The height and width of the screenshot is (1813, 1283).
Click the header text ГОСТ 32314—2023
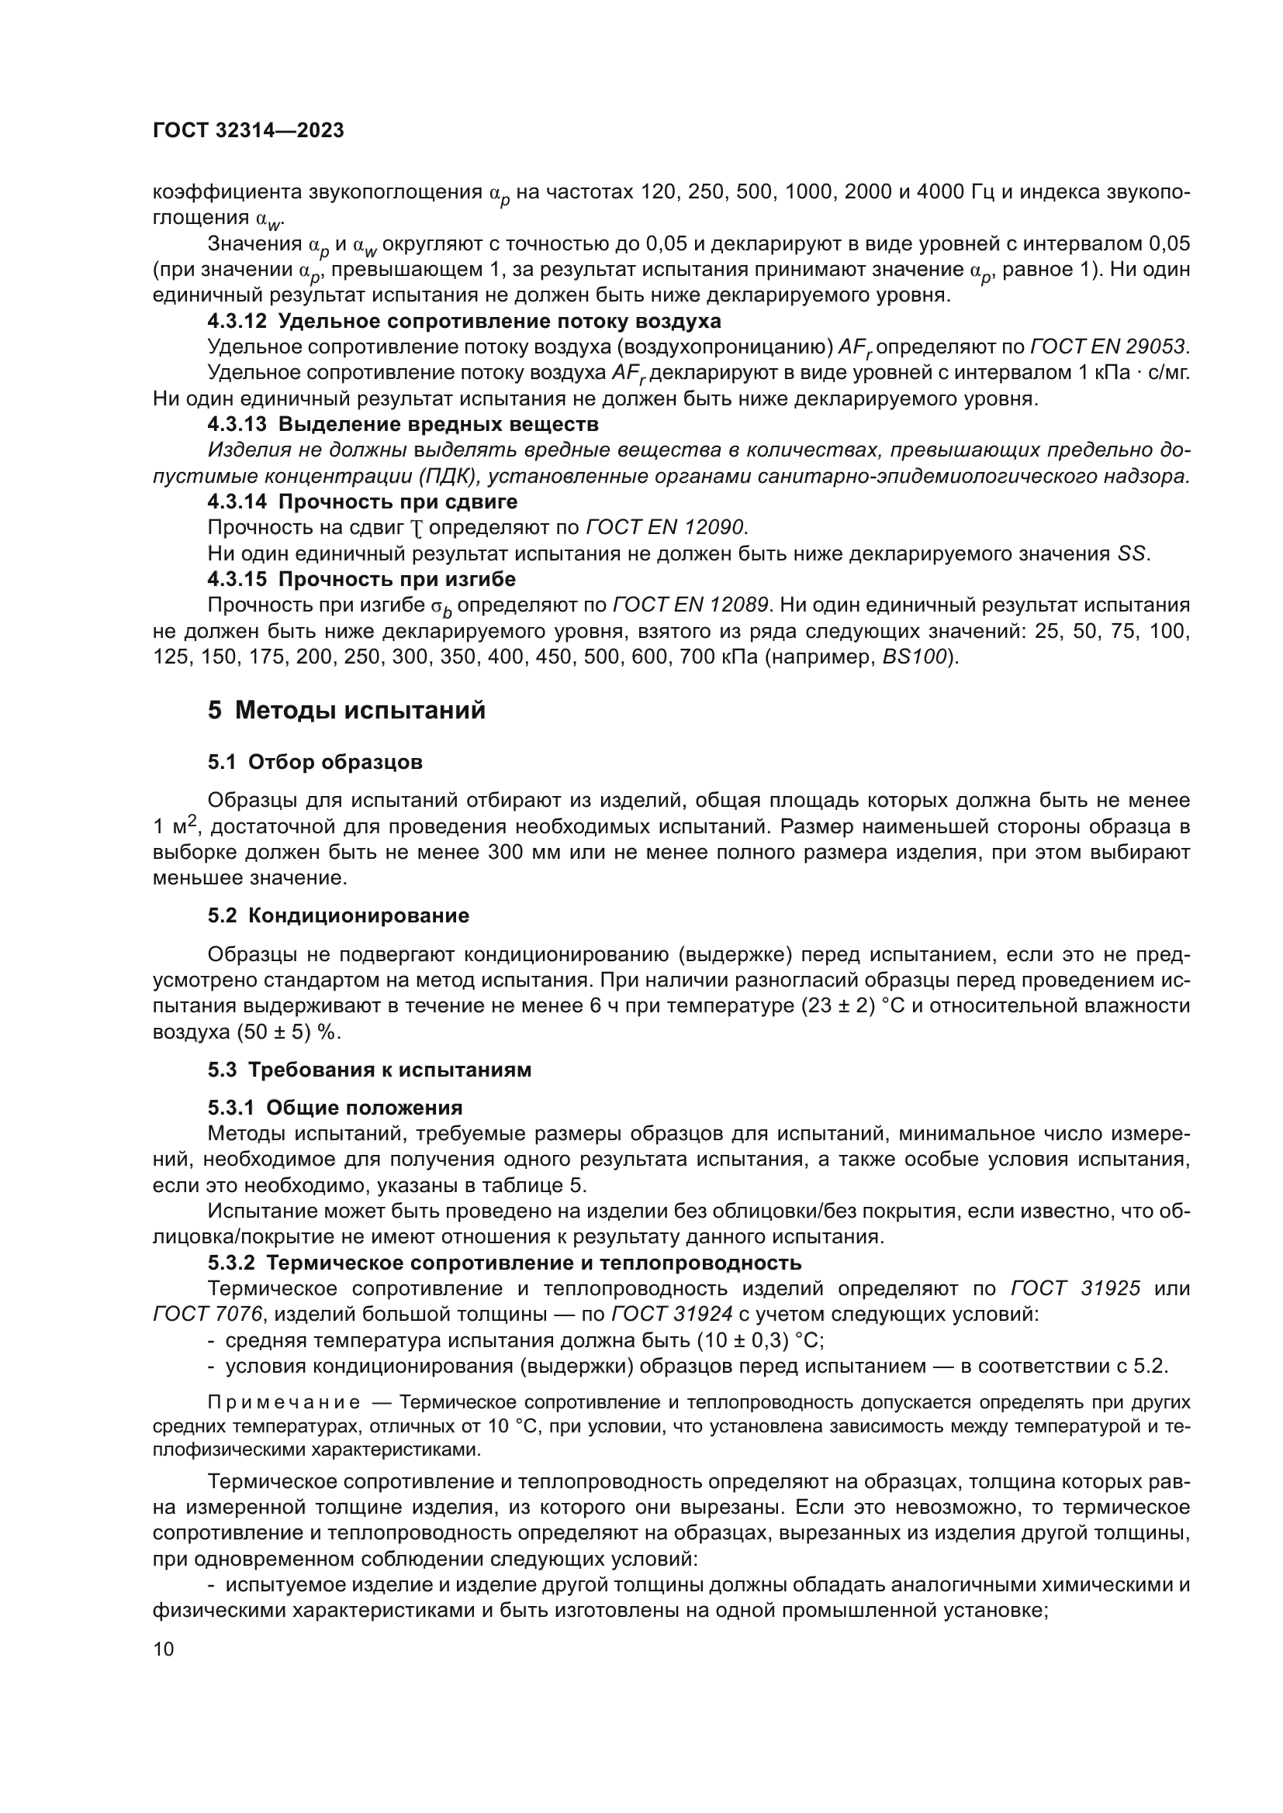[248, 131]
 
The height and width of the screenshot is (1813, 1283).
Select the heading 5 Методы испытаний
[346, 711]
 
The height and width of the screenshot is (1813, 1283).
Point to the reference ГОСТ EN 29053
[1108, 346]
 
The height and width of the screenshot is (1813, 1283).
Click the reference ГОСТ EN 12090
[666, 526]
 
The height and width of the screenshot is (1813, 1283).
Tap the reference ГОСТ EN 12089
[691, 605]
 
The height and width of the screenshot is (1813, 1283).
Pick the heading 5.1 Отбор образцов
[315, 762]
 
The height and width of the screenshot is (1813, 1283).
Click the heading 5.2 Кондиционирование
[338, 916]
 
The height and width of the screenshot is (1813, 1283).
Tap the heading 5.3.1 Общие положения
[335, 1107]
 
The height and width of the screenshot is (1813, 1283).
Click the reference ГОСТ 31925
[1075, 1289]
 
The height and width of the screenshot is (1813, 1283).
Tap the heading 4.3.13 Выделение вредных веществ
[403, 424]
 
